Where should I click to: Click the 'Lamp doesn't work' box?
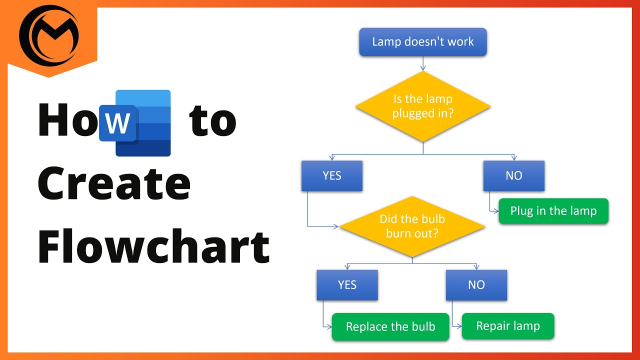(422, 42)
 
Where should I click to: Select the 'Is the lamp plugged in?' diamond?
(422, 106)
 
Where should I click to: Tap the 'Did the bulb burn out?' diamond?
(412, 226)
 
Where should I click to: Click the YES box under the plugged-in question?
(332, 175)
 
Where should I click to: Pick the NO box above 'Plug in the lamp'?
(513, 175)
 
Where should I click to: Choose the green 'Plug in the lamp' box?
(553, 211)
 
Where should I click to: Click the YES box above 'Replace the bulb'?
(347, 285)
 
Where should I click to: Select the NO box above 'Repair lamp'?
(476, 285)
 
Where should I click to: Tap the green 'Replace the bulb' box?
(390, 327)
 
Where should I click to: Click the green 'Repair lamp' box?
(507, 326)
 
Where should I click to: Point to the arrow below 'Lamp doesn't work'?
(423, 63)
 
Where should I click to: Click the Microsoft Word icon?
(135, 123)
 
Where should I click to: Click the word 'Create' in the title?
(114, 184)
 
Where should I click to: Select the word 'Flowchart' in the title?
(153, 247)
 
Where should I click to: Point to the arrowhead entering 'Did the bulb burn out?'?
(336, 226)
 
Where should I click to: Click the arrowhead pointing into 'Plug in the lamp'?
(495, 211)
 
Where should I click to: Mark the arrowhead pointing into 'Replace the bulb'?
(329, 327)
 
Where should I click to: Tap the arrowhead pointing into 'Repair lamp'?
(458, 326)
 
